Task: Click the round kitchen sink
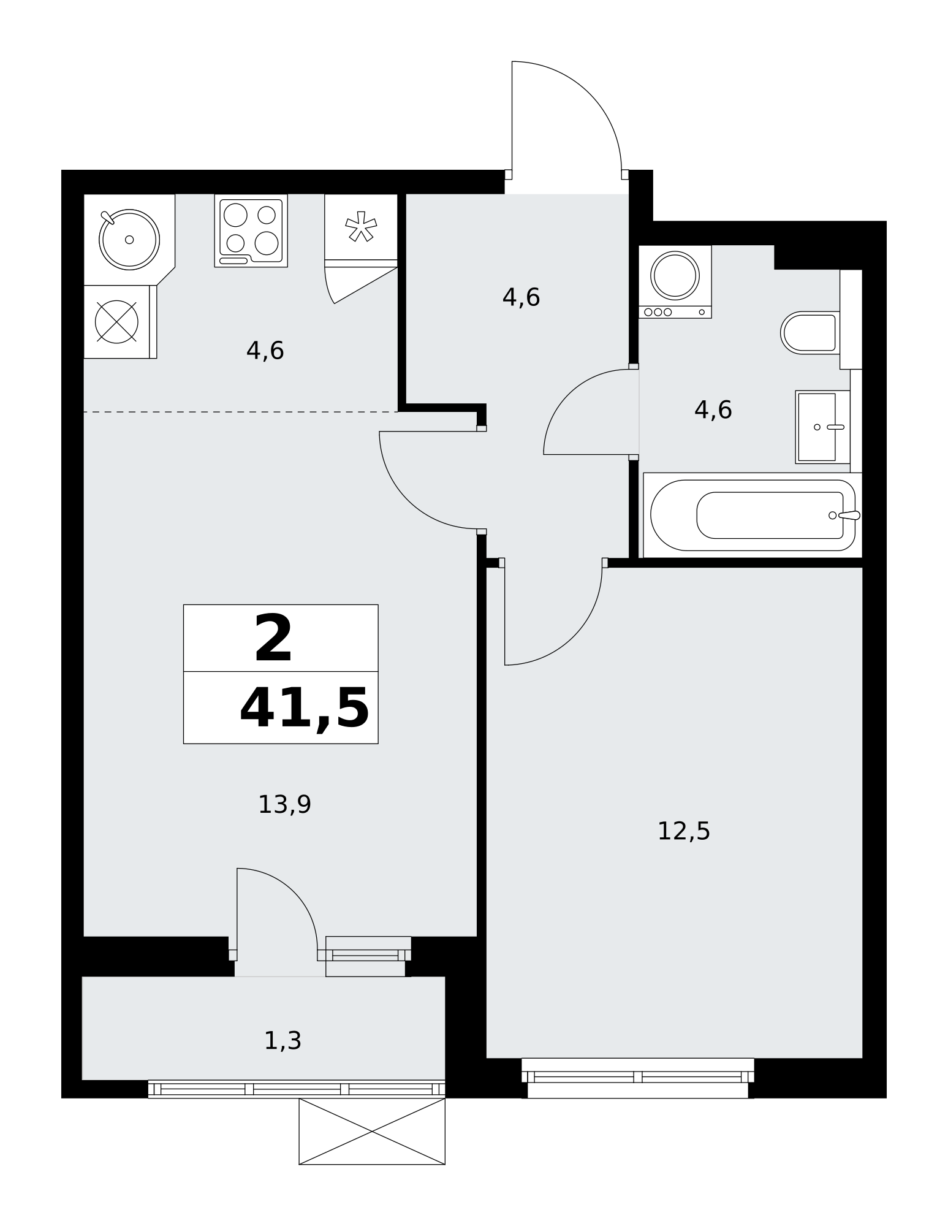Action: pos(129,239)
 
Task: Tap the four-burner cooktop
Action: pos(251,230)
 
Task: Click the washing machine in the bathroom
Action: pos(675,281)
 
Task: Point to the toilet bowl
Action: pos(810,333)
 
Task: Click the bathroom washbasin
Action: pos(822,427)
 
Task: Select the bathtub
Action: pos(753,515)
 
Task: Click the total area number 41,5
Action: pos(304,708)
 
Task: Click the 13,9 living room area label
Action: pos(284,805)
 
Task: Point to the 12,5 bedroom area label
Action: pos(683,832)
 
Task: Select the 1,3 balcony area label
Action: pos(283,1041)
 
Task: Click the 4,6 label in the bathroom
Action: pos(713,410)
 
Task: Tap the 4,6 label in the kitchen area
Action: pos(265,351)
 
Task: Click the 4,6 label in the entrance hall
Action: pos(521,298)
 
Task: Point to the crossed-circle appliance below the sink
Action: pos(117,322)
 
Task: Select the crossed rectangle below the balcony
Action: pos(372,1131)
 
